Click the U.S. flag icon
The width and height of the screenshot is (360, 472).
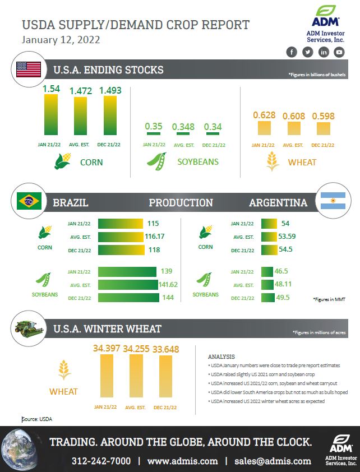click(29, 70)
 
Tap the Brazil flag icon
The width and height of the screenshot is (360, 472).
click(29, 201)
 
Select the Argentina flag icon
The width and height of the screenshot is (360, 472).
click(333, 201)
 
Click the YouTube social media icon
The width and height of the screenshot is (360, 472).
click(339, 52)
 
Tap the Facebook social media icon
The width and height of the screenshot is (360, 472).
click(291, 52)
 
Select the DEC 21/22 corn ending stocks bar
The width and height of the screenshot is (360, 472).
click(110, 116)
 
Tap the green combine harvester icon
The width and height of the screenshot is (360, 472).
click(28, 328)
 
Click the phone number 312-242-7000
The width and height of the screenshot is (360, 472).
click(101, 461)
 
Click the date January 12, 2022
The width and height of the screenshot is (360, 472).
click(61, 40)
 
